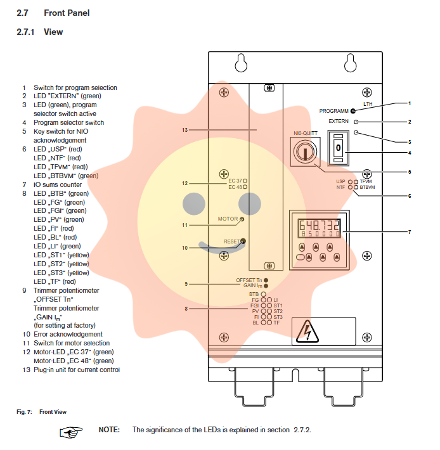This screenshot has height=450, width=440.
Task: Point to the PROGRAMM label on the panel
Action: click(x=333, y=110)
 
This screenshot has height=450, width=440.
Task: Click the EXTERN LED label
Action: click(x=339, y=121)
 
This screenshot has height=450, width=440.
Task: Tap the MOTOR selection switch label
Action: click(x=228, y=219)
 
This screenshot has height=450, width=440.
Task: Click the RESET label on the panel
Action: click(x=231, y=241)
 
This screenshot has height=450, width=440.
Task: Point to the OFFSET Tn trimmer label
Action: click(x=249, y=280)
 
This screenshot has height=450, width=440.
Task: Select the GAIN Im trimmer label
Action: click(x=252, y=286)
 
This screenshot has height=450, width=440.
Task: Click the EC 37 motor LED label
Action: click(x=235, y=181)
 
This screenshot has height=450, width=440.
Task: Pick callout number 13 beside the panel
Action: click(x=184, y=130)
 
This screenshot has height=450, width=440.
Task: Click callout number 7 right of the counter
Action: click(x=410, y=232)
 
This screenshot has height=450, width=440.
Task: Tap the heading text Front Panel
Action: click(x=67, y=13)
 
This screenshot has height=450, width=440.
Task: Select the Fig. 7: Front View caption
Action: click(x=41, y=412)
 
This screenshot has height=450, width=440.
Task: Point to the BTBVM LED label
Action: click(x=367, y=188)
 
